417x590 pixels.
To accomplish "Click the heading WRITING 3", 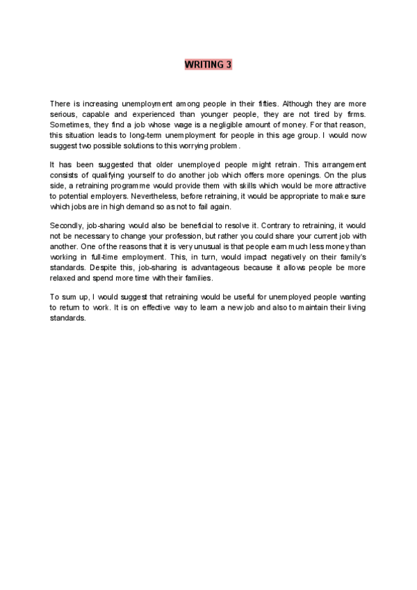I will [208, 65].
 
